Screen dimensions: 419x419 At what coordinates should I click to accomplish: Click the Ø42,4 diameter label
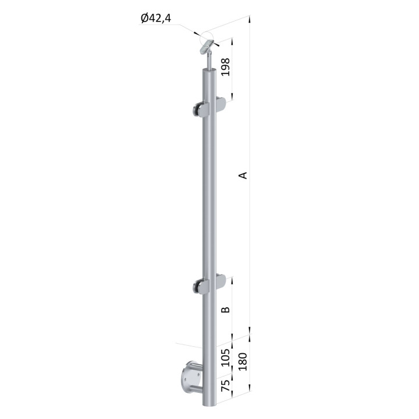156,19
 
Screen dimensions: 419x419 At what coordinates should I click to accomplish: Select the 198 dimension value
226,67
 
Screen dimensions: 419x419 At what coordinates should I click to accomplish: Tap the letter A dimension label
243,175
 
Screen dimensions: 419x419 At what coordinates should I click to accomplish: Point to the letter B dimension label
226,310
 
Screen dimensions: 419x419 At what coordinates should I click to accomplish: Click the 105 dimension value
226,357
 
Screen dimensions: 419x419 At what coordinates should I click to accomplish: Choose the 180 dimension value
242,361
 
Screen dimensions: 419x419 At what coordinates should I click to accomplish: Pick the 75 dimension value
226,386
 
